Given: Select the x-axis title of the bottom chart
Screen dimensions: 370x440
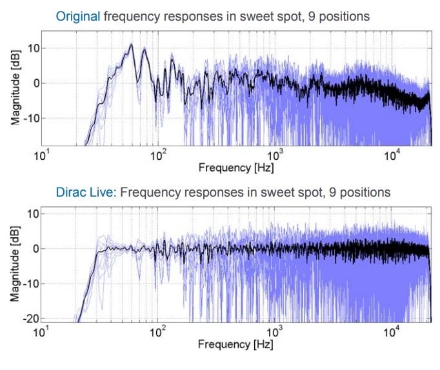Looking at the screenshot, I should [x=235, y=344].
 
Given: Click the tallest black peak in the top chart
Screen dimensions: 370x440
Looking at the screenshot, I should [x=131, y=45].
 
